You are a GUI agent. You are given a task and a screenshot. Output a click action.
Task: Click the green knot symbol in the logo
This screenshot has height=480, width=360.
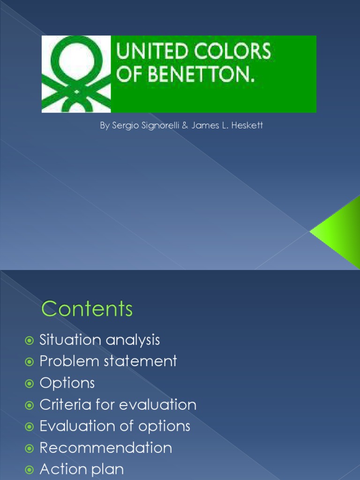point(76,74)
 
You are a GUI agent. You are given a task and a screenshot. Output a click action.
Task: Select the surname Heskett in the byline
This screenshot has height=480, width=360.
point(248,126)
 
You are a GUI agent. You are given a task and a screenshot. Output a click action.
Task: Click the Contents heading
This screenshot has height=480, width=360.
point(87,309)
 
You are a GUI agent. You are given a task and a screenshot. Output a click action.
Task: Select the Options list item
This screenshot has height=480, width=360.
point(67,383)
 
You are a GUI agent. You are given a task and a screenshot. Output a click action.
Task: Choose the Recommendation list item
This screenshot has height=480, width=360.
point(105,448)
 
